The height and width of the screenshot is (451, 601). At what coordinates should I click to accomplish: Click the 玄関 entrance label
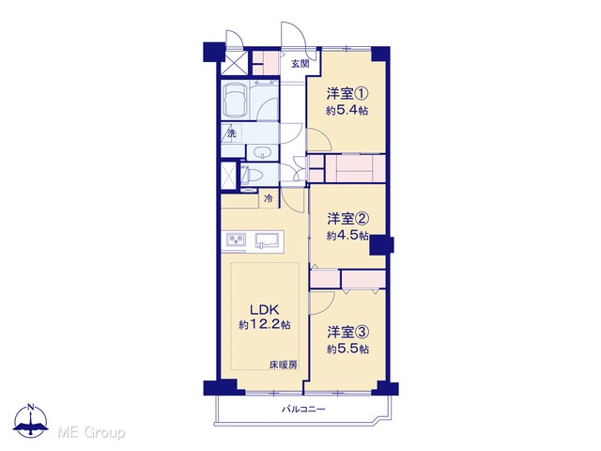[300, 64]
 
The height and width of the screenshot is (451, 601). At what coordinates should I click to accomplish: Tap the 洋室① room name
[347, 94]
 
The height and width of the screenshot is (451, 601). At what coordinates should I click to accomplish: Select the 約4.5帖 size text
[347, 236]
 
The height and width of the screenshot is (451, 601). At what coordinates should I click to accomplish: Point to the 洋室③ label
[348, 332]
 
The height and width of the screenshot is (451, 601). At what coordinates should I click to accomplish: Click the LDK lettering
[264, 309]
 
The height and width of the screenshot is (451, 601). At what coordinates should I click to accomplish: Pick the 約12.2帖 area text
[265, 325]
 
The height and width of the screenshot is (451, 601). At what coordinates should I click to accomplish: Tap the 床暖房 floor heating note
[284, 365]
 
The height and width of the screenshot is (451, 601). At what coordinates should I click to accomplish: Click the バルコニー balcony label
[303, 410]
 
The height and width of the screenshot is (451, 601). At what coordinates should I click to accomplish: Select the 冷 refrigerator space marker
[269, 199]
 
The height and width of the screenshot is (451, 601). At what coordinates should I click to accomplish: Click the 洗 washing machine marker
[232, 133]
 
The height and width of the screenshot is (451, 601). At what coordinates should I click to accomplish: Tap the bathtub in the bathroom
[235, 101]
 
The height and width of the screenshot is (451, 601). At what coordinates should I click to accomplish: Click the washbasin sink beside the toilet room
[263, 152]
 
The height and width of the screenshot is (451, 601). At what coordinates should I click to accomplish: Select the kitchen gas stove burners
[236, 240]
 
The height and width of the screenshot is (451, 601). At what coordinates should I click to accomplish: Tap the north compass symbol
[31, 420]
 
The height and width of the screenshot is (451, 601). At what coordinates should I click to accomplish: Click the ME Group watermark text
[91, 433]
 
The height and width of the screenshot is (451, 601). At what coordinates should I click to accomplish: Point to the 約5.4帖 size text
[347, 111]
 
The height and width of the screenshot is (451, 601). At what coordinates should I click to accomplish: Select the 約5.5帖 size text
[348, 350]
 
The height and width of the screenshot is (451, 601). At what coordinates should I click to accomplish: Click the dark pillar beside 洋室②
[382, 244]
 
